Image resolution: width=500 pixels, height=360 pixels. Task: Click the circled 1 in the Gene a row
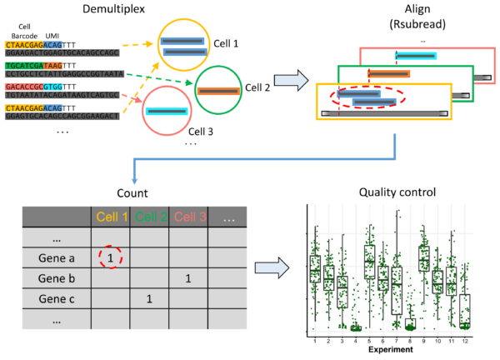[x=109, y=258]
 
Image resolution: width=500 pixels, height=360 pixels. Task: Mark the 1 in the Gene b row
[x=187, y=278]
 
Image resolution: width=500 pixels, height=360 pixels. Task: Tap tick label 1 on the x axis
[x=314, y=341]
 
